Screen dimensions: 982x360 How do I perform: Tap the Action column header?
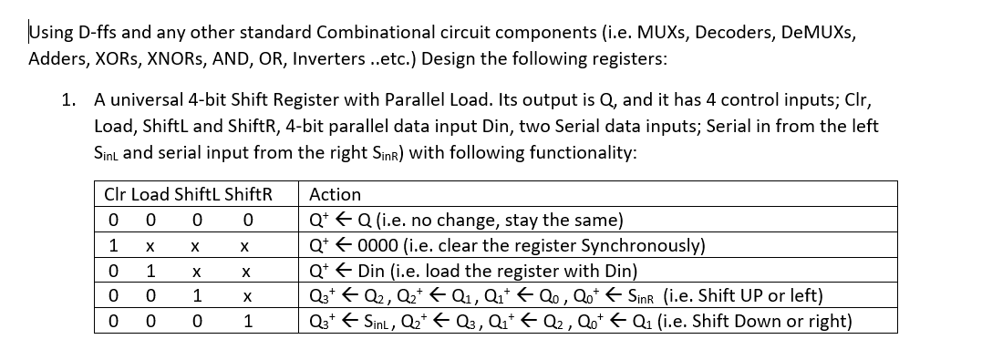tap(336, 194)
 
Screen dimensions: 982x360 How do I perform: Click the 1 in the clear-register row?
tap(112, 246)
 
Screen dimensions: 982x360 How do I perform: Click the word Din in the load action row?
tap(374, 271)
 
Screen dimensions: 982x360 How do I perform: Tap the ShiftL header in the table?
tap(190, 194)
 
